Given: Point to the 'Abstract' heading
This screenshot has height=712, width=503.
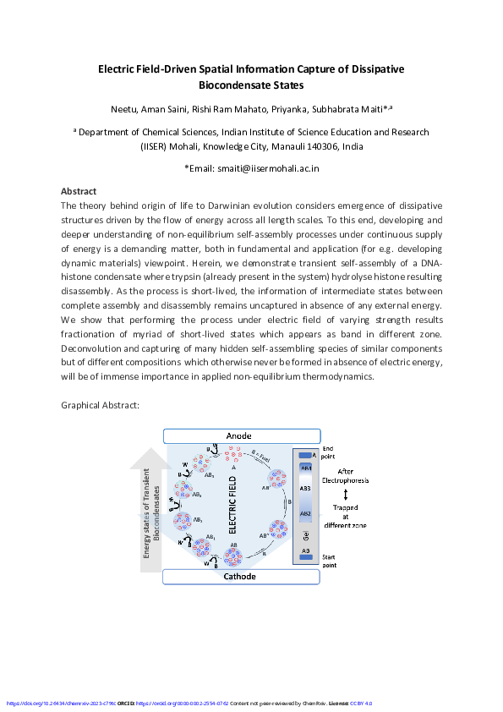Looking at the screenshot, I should [79, 191].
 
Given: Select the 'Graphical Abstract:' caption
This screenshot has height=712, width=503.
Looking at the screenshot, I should [100, 405].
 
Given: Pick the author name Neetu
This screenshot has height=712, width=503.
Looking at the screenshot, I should [123, 110].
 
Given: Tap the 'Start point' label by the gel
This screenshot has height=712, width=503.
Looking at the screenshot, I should [330, 561].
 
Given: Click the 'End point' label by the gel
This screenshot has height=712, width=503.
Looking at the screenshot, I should [329, 453].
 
